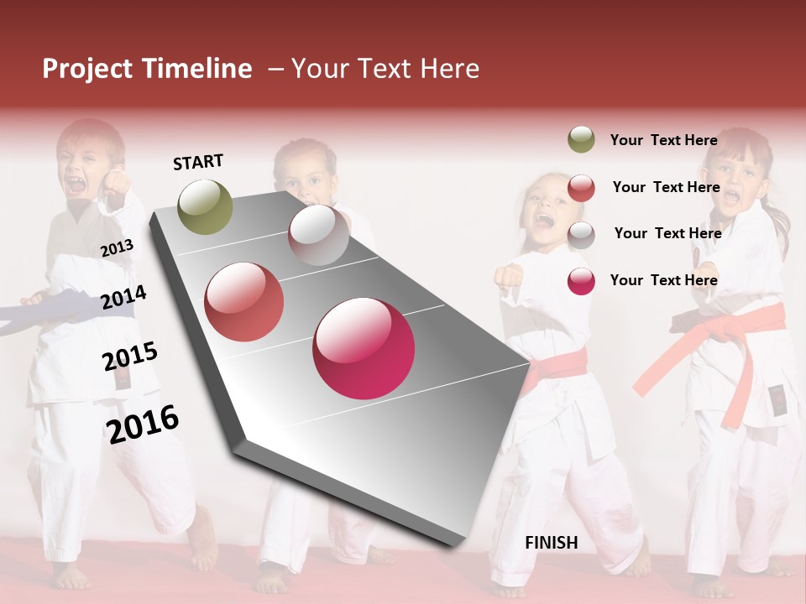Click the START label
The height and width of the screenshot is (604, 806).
198,162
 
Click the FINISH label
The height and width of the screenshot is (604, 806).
552,543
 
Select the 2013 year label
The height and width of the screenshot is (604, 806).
117,248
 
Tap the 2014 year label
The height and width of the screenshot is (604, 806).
123,297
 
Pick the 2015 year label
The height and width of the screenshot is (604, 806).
130,357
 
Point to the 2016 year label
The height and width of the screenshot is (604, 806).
143,424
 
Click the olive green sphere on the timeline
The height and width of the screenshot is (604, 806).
206,206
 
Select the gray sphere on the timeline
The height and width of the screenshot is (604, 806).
318,235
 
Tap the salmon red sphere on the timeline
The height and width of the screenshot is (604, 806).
243,302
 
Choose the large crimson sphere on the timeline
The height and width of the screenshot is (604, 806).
364,348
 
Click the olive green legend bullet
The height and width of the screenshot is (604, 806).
581,140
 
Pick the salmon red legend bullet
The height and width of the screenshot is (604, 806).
581,188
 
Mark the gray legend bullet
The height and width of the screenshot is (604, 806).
581,234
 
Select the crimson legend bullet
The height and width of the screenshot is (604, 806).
581,281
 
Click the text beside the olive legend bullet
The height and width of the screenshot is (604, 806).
663,140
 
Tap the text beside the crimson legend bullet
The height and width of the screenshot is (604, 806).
663,280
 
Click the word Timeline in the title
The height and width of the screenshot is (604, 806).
196,69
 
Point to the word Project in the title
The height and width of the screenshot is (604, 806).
86,69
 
